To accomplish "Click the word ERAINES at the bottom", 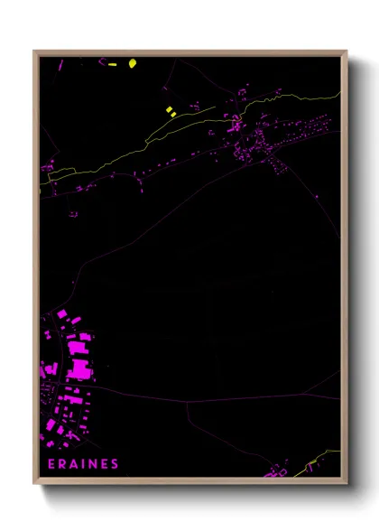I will pyautogui.click(x=82, y=464).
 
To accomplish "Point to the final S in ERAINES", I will pyautogui.click(x=115, y=464).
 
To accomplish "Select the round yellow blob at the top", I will pyautogui.click(x=133, y=63).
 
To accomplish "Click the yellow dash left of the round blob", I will pyautogui.click(x=113, y=64).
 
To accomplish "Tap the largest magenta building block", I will pyautogui.click(x=79, y=368).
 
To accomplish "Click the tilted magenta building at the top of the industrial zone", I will pyautogui.click(x=62, y=313).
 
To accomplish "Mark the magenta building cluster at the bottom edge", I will pyautogui.click(x=275, y=471).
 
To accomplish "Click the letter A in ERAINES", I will pyautogui.click(x=73, y=464).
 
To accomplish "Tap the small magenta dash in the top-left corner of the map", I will pyautogui.click(x=61, y=65).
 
